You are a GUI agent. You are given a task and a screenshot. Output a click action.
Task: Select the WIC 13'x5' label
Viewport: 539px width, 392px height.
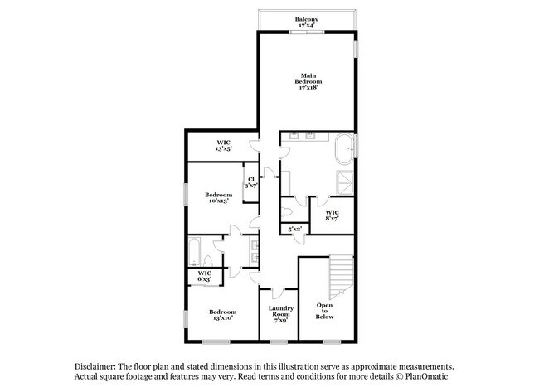224,145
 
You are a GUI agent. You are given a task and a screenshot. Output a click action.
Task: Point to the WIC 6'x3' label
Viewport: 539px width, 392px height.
204,276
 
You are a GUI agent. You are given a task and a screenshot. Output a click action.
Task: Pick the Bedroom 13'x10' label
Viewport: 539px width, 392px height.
222,315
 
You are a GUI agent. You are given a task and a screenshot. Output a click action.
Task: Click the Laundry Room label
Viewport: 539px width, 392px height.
279,313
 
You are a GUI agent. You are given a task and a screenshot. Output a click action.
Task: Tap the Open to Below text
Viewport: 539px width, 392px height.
325,310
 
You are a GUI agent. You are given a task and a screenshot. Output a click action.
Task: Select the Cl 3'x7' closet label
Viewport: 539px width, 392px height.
250,183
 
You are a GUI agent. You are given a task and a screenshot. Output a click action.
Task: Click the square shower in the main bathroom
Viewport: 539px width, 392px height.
345,182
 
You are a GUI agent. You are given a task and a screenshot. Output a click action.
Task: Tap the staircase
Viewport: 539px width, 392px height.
340,276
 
